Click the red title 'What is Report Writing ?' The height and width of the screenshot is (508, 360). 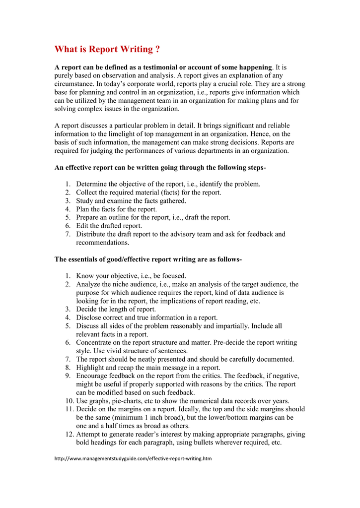107,49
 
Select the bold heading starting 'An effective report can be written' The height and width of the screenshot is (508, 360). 160,168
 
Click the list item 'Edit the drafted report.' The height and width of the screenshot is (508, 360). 109,226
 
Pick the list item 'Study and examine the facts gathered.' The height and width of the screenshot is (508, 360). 131,200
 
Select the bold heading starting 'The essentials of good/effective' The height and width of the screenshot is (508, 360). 148,259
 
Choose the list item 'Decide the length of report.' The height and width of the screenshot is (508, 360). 116,309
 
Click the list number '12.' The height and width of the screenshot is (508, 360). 69,434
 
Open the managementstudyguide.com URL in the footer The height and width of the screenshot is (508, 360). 133,458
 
